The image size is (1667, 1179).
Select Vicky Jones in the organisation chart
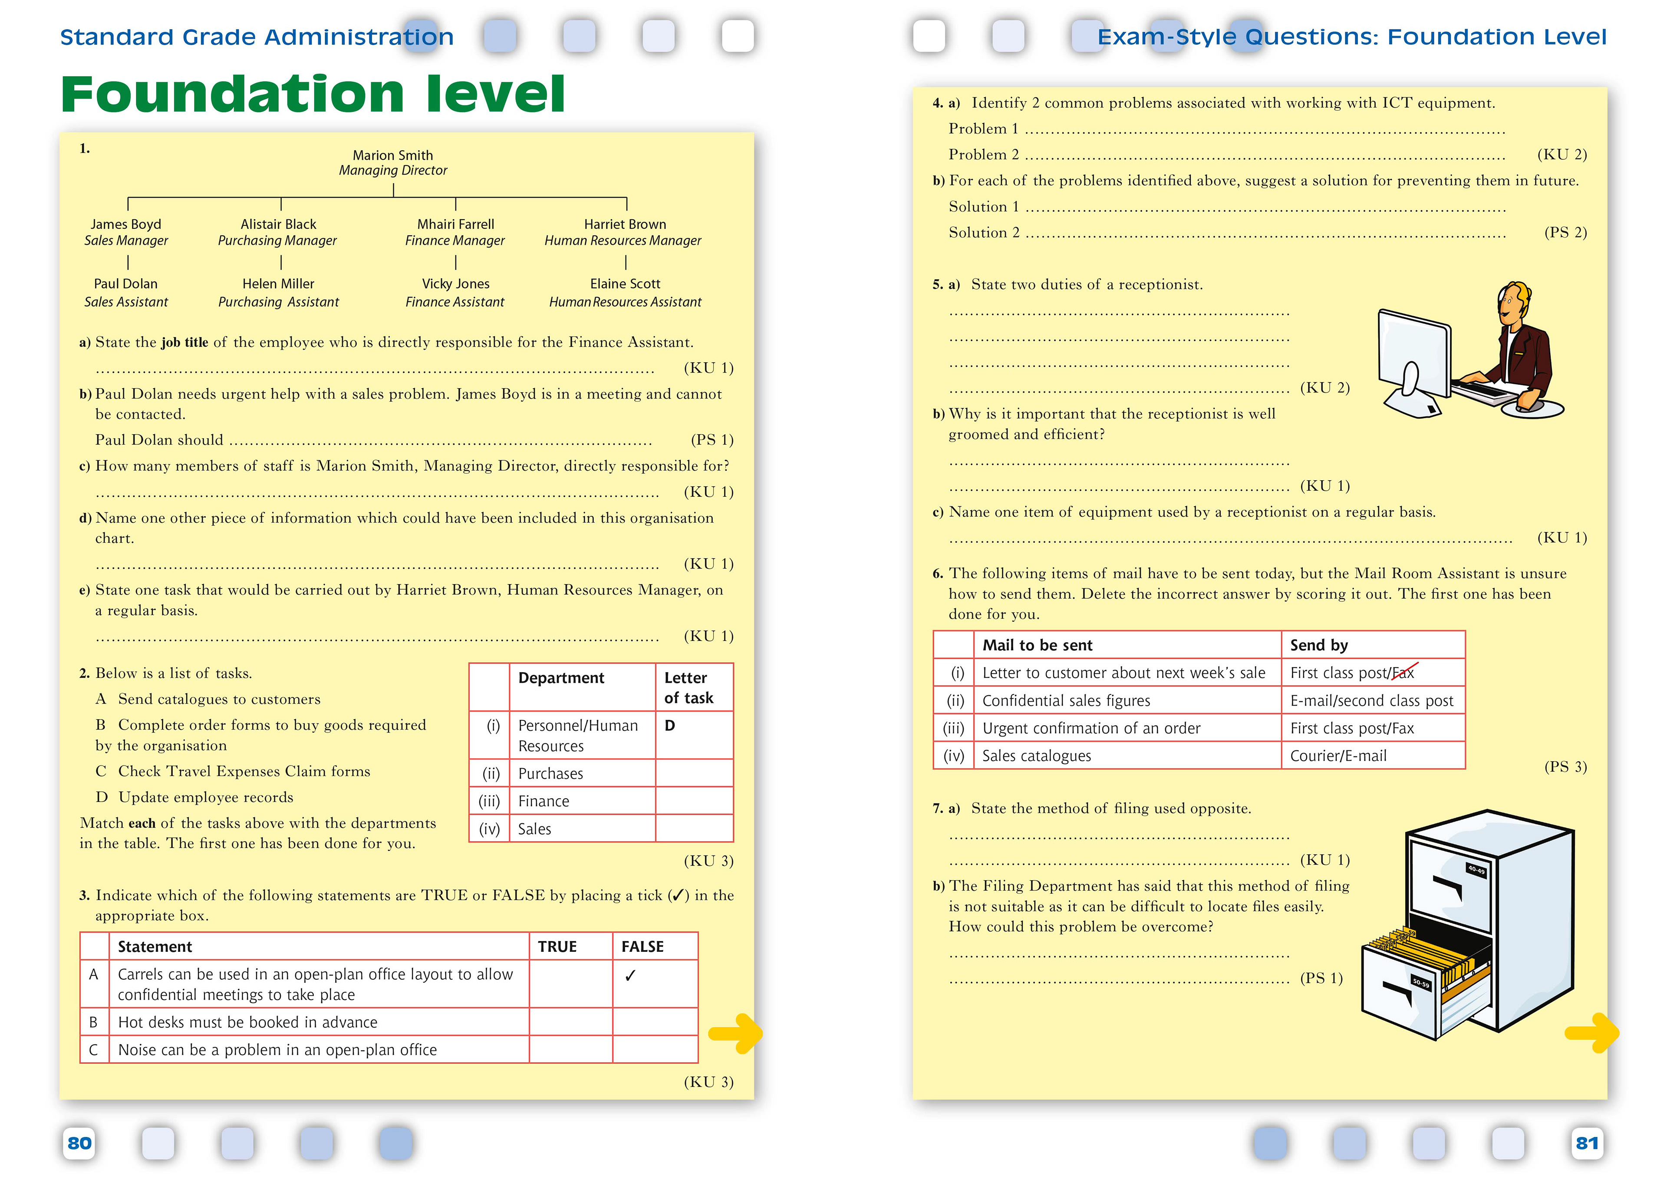(455, 284)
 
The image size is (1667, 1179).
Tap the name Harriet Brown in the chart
(624, 225)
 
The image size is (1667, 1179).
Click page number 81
(1586, 1143)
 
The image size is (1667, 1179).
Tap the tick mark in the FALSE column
(630, 976)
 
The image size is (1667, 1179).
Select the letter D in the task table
(669, 726)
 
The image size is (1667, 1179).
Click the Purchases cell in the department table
(550, 774)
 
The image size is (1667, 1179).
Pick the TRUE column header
(557, 947)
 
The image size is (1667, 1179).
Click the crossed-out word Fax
(1403, 673)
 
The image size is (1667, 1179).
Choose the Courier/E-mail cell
(1338, 756)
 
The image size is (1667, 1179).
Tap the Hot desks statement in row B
(247, 1022)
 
